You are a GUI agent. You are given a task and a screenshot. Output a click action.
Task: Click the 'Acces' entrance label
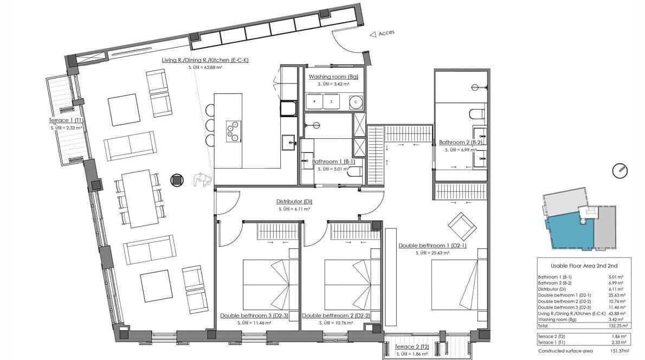386,33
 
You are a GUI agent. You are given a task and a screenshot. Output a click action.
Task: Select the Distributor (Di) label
294,202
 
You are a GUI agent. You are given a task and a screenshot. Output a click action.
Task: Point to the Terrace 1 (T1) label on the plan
66,120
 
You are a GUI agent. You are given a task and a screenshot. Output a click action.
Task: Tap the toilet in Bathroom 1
355,171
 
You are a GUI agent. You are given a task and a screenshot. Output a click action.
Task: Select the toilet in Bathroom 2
476,114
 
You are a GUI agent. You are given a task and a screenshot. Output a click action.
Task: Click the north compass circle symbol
620,171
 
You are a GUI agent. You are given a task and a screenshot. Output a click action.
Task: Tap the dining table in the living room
137,199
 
